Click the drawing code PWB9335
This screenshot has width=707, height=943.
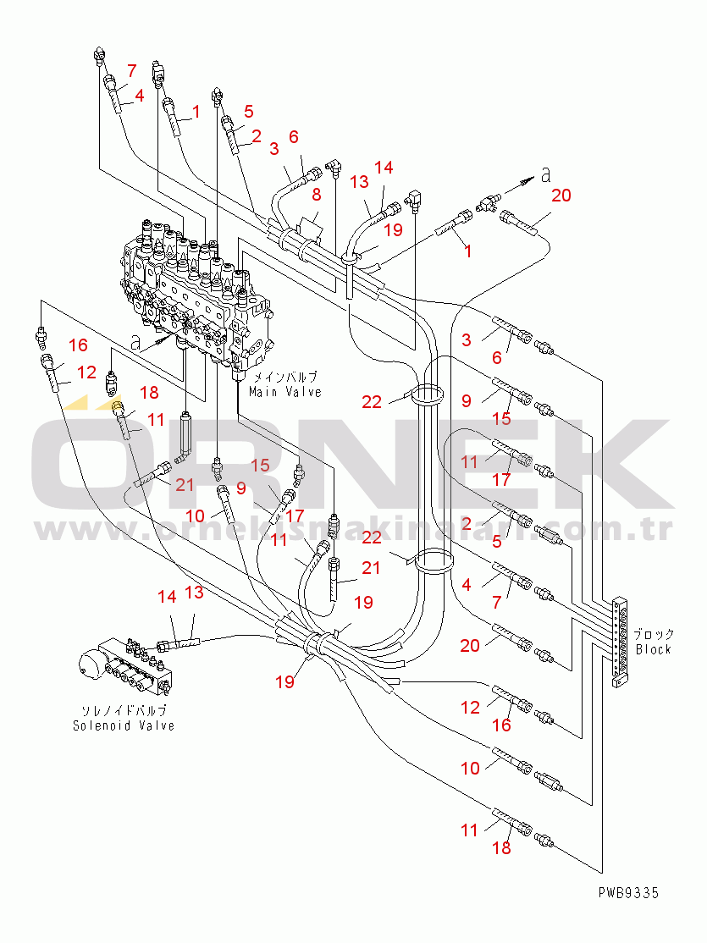[627, 892]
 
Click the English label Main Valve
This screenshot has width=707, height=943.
[285, 392]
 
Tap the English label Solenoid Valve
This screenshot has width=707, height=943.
[124, 725]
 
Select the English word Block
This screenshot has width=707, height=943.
[653, 649]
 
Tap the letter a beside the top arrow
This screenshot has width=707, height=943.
[546, 175]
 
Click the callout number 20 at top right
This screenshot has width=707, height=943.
[561, 196]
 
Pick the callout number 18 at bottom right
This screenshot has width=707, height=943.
[502, 847]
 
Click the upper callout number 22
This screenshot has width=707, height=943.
[372, 402]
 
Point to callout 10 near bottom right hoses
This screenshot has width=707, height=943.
[470, 768]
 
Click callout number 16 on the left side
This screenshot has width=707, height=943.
[78, 345]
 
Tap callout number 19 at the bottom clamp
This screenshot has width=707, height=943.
[285, 681]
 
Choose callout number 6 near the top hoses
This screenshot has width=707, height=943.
[294, 137]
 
